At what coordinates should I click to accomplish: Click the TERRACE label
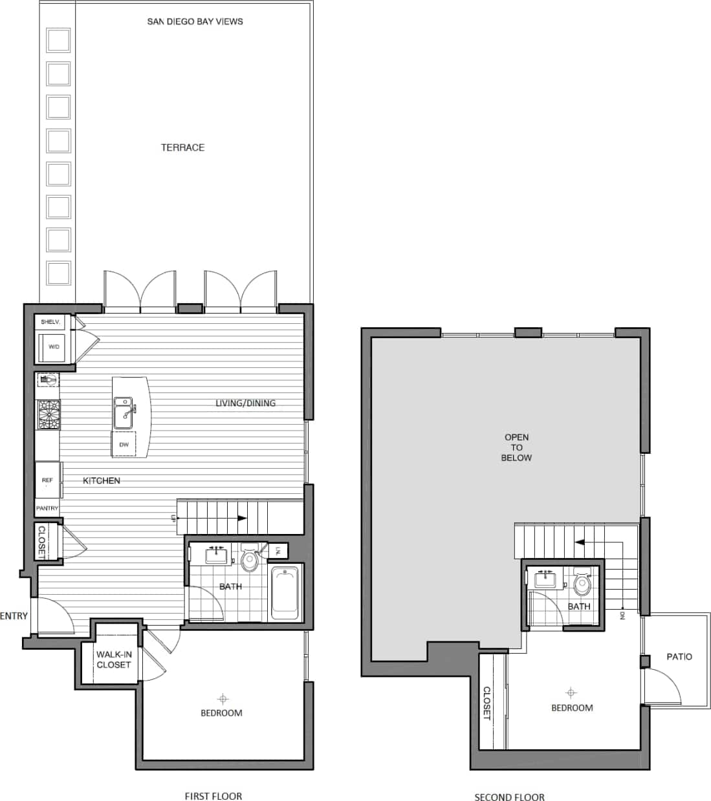pos(182,147)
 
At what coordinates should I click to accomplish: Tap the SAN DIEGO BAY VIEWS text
pos(195,21)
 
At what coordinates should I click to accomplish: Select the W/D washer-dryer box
pos(53,347)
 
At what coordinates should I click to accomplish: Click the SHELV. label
pos(50,321)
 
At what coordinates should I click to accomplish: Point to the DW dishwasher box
pos(124,445)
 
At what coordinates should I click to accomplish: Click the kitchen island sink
pos(123,413)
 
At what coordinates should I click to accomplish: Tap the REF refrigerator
pos(48,480)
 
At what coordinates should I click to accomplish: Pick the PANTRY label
pos(47,508)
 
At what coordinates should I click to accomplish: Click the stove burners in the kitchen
pos(49,415)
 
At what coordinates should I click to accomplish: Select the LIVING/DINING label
pos(245,403)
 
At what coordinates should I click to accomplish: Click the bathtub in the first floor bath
pos(285,593)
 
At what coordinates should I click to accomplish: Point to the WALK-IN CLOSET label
pos(114,659)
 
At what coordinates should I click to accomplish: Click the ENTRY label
pos(14,615)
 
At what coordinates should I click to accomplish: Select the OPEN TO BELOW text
pos(516,447)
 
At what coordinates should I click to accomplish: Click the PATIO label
pos(679,656)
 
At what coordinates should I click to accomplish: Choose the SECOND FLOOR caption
pos(509,797)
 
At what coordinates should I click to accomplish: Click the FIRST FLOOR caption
pos(213,796)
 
